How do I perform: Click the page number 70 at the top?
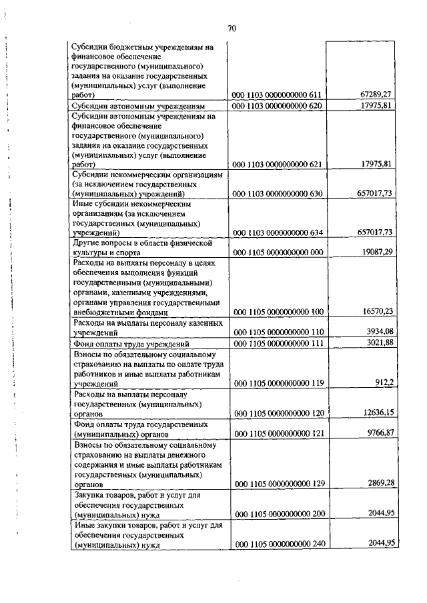(232, 29)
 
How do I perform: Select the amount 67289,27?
(376, 95)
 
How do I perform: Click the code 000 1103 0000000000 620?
(277, 106)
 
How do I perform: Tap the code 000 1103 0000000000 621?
(277, 163)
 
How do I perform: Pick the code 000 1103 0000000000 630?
(277, 193)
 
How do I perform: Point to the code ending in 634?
(277, 233)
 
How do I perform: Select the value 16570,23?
(376, 311)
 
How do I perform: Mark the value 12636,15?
(376, 413)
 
